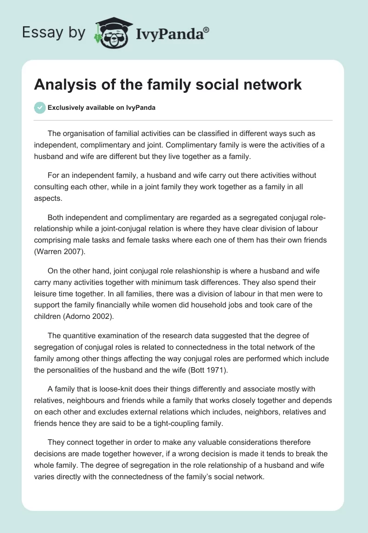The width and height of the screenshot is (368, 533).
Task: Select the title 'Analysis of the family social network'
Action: (168, 85)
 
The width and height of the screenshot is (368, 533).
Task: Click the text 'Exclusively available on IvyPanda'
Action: (102, 108)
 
